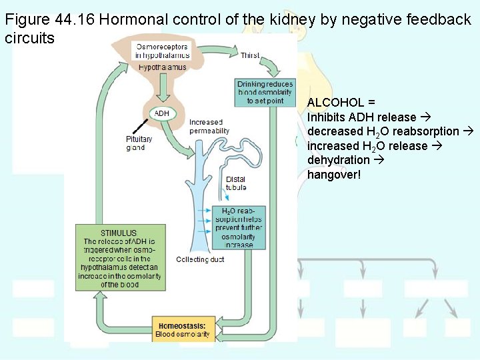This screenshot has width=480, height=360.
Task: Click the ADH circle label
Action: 162,113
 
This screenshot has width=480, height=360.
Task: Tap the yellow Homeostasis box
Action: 182,329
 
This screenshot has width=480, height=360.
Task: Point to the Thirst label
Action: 250,55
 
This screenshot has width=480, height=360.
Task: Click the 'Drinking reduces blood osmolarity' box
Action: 265,93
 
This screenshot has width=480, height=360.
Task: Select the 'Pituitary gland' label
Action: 139,143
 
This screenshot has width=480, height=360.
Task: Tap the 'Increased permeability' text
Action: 209,127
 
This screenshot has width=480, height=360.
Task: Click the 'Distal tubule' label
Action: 235,183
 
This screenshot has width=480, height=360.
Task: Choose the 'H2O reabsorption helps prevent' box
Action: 239,227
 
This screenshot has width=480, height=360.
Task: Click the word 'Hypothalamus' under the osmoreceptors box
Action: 163,68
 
